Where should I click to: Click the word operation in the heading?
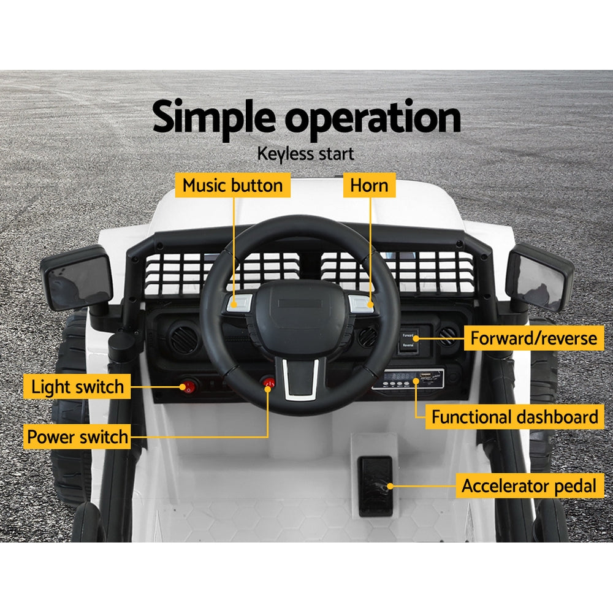click(x=373, y=118)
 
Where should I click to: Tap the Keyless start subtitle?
click(x=306, y=153)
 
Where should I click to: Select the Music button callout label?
click(x=232, y=185)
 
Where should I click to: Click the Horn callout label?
click(x=369, y=185)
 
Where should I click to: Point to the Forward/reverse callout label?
click(x=533, y=338)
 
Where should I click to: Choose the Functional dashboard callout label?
click(x=514, y=417)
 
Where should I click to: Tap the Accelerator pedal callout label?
click(x=528, y=486)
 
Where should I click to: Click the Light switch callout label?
click(x=77, y=387)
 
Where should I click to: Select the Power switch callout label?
click(x=77, y=438)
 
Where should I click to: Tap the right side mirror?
click(x=539, y=276)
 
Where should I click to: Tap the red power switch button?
click(x=268, y=383)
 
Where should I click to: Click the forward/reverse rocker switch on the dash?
click(x=408, y=341)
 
